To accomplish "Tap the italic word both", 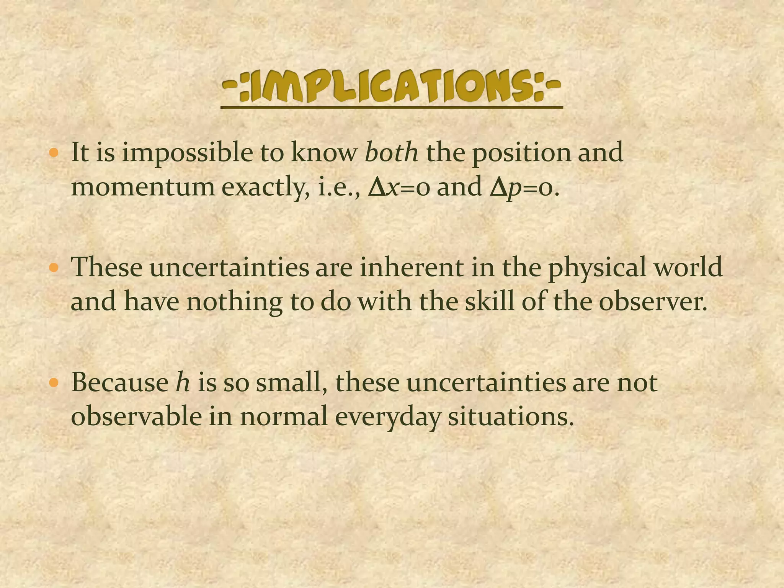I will [391, 152].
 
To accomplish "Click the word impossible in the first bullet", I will [187, 153].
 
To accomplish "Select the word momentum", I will [143, 187].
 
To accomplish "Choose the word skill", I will [489, 301].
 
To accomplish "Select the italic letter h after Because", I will [183, 382].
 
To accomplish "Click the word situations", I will [511, 416].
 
